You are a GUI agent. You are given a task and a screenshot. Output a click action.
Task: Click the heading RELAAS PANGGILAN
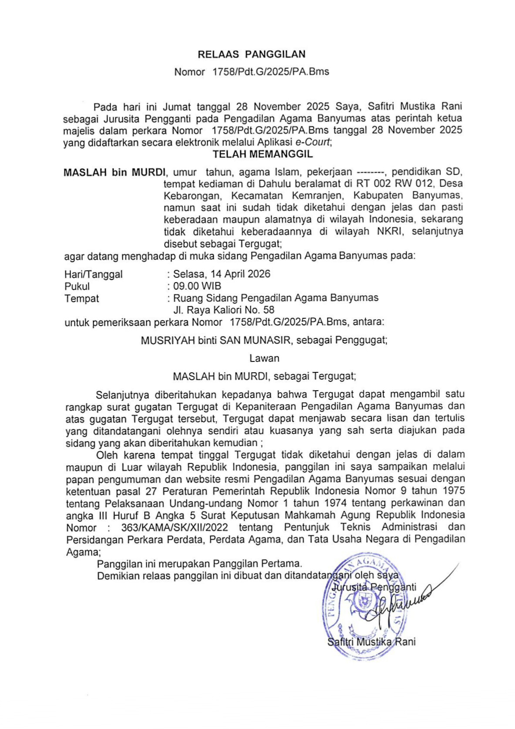252,54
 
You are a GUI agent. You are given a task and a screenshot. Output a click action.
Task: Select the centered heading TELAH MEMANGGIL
263,154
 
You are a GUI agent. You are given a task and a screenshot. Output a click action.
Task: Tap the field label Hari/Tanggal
94,274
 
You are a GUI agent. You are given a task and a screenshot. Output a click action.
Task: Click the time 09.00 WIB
197,286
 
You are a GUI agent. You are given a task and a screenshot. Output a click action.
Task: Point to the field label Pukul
77,287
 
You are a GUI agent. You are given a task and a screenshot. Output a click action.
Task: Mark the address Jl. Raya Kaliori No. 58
224,310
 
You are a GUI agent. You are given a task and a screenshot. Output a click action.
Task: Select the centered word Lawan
264,358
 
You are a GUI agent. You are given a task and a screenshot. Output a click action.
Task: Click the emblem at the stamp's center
362,602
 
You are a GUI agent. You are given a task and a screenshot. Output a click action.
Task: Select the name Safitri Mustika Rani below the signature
371,642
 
